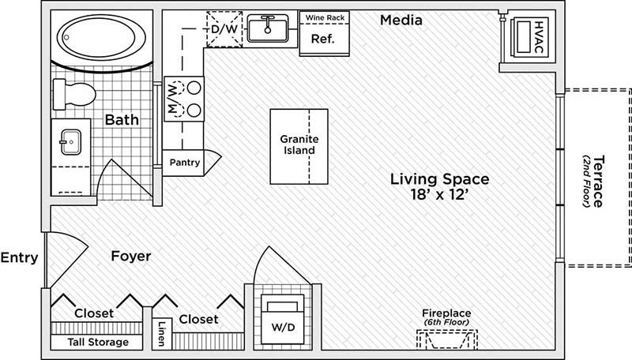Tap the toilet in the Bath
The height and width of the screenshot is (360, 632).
(x=77, y=93)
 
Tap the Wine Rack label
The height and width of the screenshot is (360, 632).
(x=320, y=16)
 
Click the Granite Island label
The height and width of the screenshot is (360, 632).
(x=299, y=144)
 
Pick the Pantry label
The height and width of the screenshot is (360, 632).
(x=185, y=163)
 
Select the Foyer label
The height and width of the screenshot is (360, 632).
(x=130, y=257)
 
